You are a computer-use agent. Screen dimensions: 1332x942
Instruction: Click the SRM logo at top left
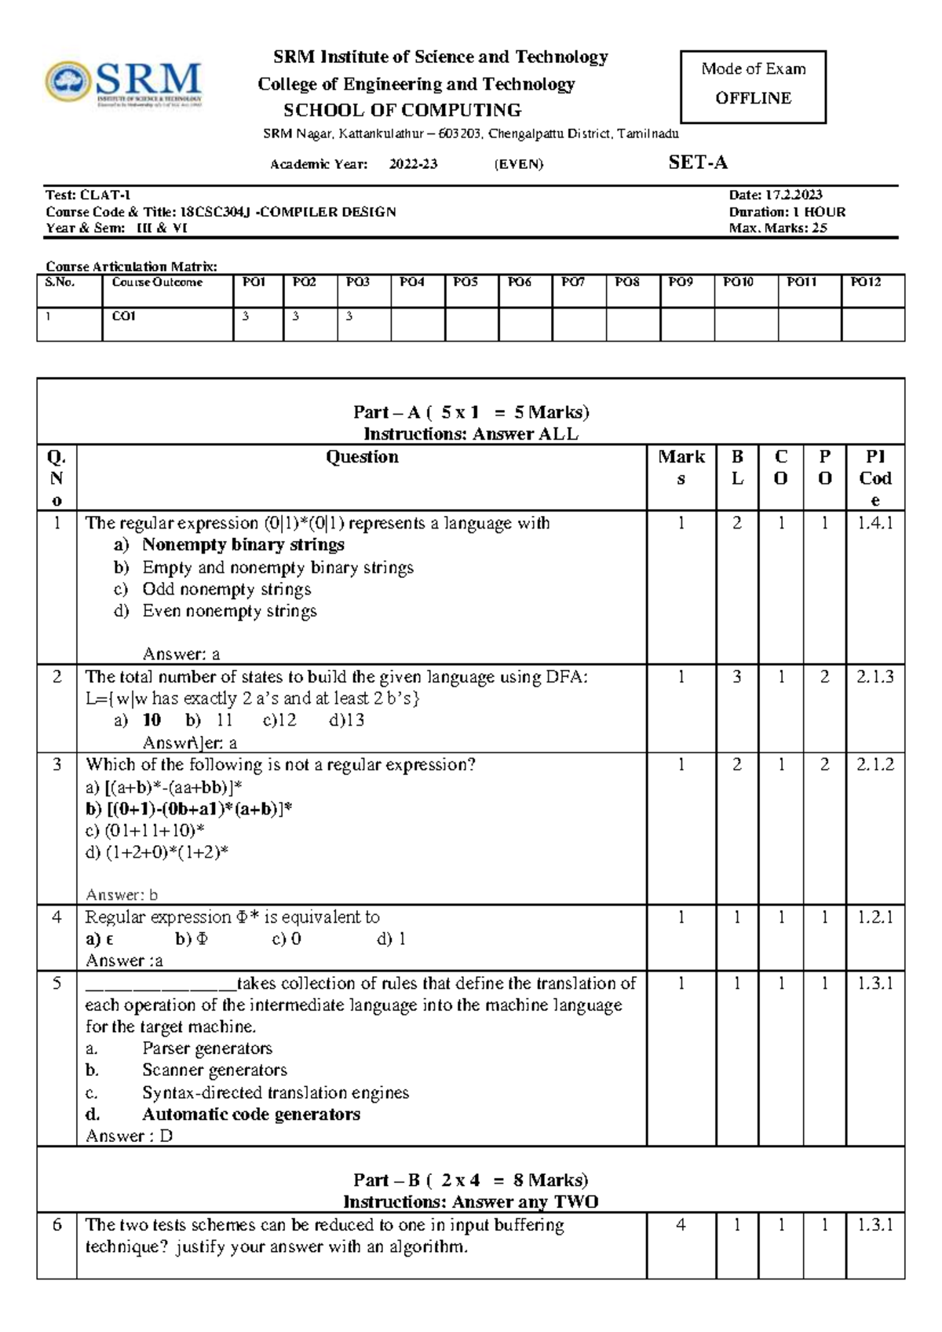(124, 84)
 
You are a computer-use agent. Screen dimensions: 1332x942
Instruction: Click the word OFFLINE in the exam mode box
(753, 98)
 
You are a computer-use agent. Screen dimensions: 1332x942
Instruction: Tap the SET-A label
(697, 163)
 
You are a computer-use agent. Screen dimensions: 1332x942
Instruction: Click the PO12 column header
(866, 282)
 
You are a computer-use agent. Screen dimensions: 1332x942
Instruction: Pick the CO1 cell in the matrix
(124, 316)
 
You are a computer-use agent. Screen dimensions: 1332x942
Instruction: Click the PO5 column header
(466, 282)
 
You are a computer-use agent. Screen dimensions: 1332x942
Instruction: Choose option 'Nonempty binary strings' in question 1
(243, 544)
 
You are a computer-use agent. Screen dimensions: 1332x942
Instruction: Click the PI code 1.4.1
(874, 523)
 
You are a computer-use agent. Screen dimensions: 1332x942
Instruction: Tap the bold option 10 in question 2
(152, 720)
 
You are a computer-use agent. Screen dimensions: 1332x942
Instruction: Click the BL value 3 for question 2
(736, 677)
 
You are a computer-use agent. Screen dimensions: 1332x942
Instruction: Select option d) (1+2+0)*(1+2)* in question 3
(157, 852)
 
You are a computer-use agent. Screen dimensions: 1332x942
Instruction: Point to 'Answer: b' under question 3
(122, 895)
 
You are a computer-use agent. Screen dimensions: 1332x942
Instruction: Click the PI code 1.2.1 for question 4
(874, 917)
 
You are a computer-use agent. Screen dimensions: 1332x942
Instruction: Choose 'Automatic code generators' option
(250, 1114)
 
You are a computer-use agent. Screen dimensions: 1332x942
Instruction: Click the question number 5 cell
(57, 983)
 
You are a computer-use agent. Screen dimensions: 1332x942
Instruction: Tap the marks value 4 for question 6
(681, 1225)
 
